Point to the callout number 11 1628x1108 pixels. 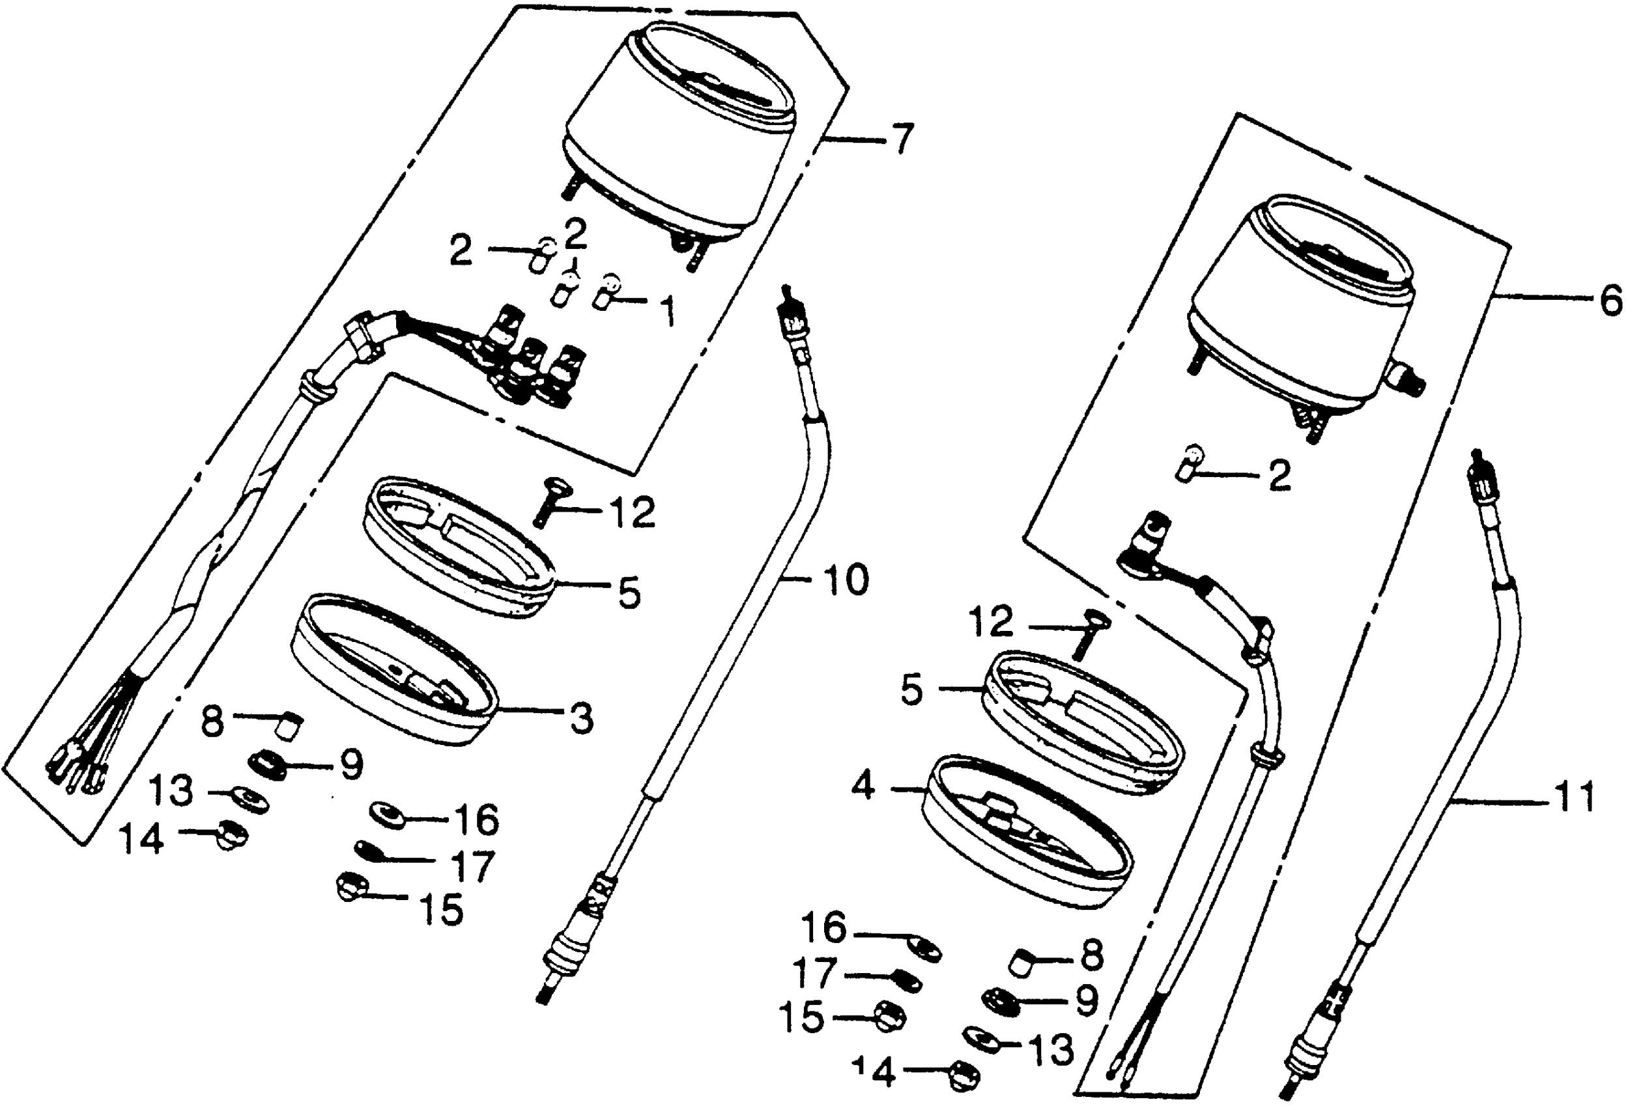click(1573, 797)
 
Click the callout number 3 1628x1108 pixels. click(580, 719)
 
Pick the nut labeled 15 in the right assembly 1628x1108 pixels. click(890, 1015)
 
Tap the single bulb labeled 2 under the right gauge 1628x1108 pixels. click(1189, 462)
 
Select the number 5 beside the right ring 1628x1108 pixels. click(911, 690)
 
